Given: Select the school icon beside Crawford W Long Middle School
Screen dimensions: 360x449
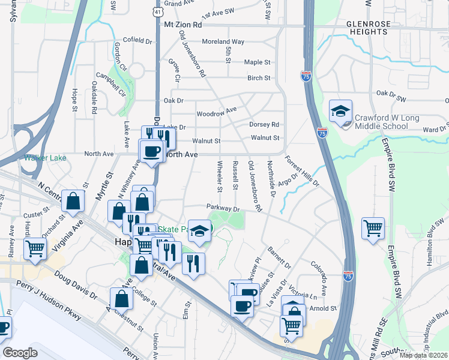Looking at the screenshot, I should point(340,112).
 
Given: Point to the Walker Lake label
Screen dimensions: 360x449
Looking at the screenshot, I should point(40,158).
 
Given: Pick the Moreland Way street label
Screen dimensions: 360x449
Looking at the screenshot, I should point(223,42).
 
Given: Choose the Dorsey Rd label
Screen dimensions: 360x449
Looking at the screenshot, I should point(264,125).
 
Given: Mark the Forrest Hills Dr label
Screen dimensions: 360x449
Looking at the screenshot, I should point(302,170).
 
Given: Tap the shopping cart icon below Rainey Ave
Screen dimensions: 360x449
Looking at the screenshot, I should point(35,248).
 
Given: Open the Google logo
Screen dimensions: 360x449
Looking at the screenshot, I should point(20,353).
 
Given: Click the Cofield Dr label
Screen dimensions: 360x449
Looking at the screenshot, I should point(137,40).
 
